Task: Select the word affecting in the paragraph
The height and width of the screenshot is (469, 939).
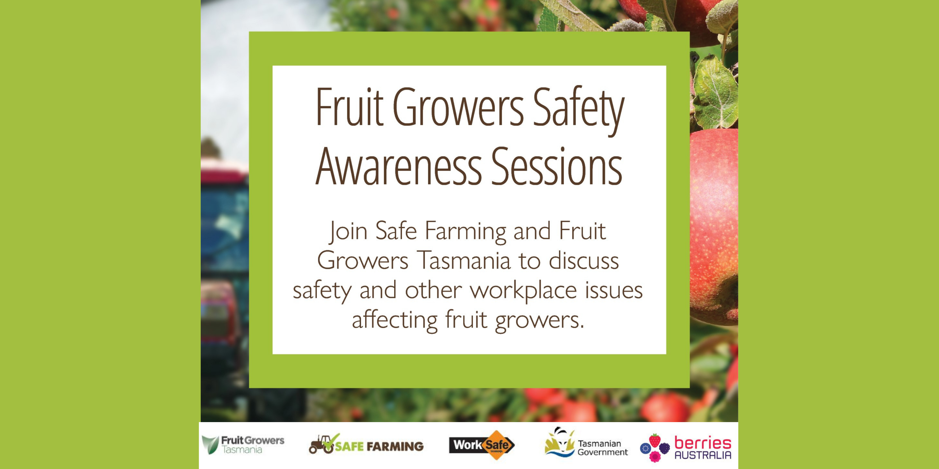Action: (x=394, y=320)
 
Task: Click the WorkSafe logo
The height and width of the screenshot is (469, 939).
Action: (x=481, y=445)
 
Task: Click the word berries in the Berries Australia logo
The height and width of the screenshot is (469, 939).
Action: (x=703, y=443)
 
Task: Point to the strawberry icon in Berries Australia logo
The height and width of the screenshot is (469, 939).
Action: (x=655, y=440)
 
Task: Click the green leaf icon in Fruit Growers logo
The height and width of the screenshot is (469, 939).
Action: (x=211, y=445)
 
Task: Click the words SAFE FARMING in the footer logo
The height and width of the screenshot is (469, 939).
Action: (x=379, y=446)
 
